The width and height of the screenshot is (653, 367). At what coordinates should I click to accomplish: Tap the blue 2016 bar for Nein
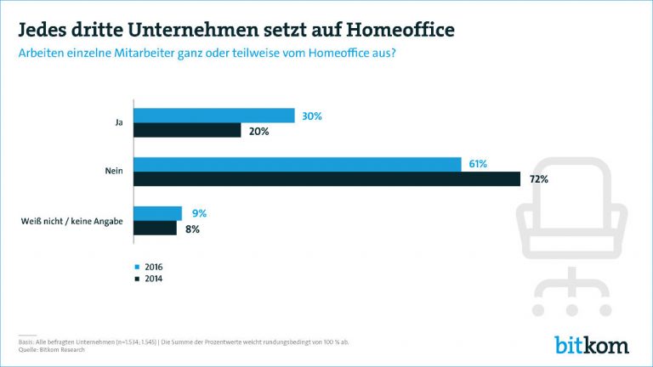tap(298, 164)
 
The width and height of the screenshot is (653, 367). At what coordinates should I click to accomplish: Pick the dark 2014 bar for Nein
tap(327, 179)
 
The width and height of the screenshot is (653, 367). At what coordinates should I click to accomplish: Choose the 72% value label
tap(538, 179)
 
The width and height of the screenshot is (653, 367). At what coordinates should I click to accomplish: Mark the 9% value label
tap(198, 213)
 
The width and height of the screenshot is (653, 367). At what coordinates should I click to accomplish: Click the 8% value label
tap(192, 229)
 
